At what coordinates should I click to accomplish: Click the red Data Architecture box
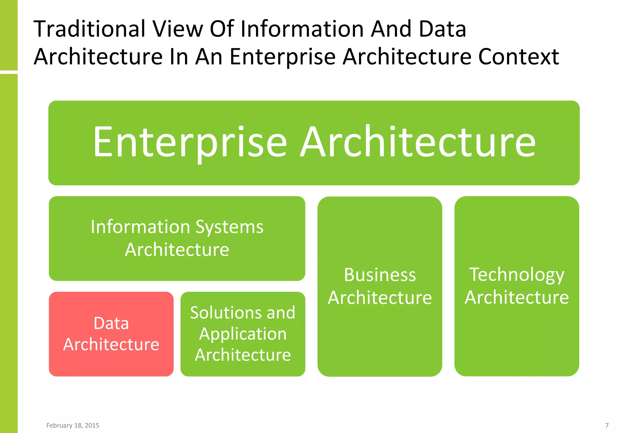tap(111, 334)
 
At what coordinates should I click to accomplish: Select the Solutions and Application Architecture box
tap(243, 334)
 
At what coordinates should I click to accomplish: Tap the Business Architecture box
tap(380, 286)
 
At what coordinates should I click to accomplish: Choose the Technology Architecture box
tap(517, 286)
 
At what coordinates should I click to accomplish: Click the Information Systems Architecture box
tap(177, 238)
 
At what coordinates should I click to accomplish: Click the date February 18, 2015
tap(73, 425)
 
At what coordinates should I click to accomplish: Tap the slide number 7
tap(607, 425)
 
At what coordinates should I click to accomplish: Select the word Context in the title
tap(518, 57)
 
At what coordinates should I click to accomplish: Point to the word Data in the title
tap(443, 29)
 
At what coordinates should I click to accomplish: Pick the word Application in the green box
tap(243, 334)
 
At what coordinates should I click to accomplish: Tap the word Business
tap(380, 275)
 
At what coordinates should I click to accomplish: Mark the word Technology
tap(517, 275)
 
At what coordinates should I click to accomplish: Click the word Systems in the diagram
tap(229, 227)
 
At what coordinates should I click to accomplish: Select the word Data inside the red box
tap(111, 323)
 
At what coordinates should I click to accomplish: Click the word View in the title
tap(178, 29)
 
